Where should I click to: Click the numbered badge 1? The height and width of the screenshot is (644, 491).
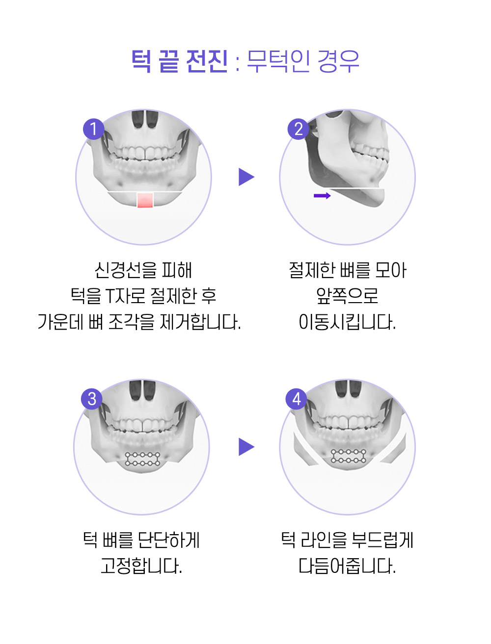coord(93,129)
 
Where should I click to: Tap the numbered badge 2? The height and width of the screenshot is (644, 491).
coord(298,129)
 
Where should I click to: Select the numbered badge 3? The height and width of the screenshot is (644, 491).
coord(92,399)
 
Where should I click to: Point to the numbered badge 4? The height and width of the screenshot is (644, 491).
coord(296,399)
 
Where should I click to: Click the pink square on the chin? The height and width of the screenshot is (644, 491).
coord(145,200)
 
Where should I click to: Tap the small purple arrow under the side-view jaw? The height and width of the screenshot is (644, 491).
coord(322,196)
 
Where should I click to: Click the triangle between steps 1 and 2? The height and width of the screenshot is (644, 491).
coord(246,177)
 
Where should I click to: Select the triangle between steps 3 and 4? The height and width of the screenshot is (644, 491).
coord(246,447)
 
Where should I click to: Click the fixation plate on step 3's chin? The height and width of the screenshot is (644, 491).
coord(142,459)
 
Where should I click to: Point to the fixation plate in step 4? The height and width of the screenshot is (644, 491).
coord(348,456)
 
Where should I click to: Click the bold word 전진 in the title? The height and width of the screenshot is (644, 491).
coord(207,61)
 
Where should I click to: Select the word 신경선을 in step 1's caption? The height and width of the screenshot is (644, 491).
coord(125,270)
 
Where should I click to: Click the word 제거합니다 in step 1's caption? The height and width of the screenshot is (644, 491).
coord(200,322)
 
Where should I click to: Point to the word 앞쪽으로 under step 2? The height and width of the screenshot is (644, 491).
coord(347,296)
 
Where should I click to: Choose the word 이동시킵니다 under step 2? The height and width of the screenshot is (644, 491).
coord(347,322)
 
